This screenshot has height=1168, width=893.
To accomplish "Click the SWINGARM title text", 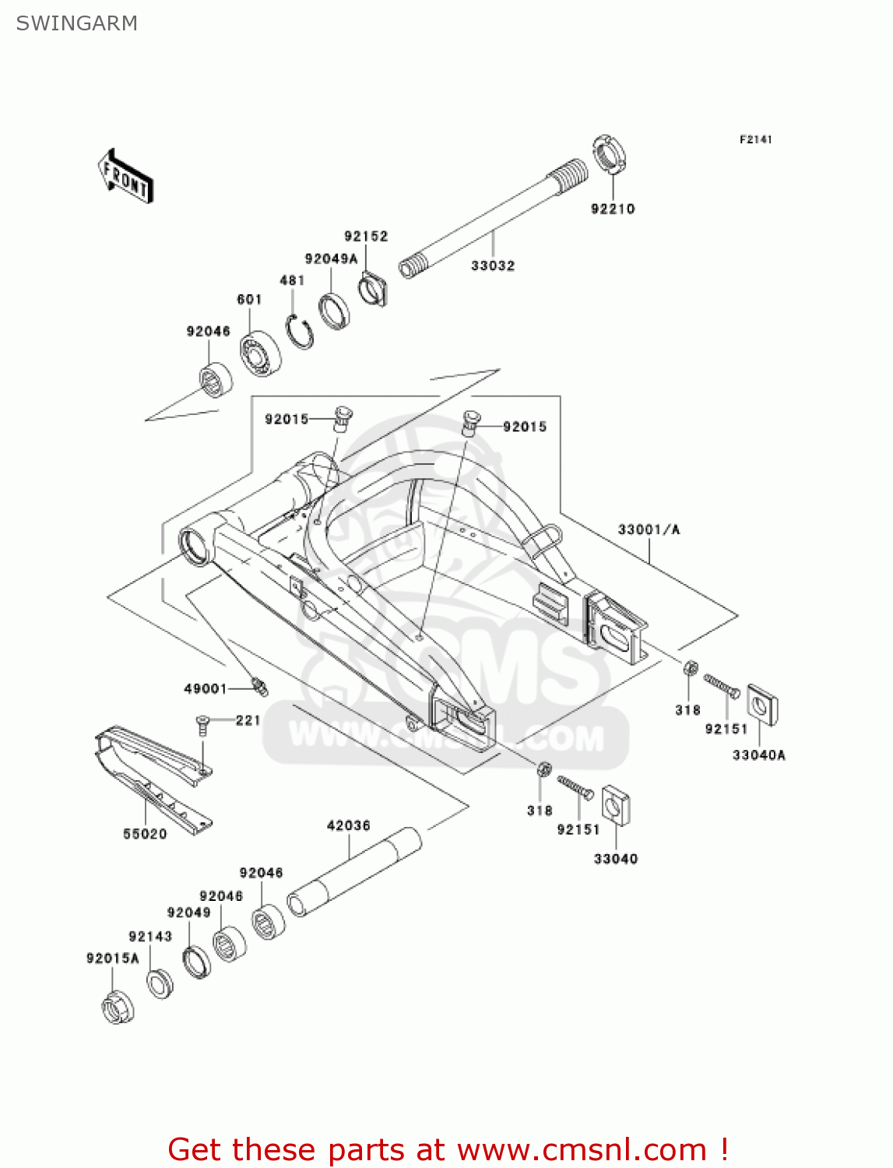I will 77,23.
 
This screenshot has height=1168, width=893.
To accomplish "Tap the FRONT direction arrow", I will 125,177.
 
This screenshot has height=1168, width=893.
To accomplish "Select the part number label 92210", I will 613,209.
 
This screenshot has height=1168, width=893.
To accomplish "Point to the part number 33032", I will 493,266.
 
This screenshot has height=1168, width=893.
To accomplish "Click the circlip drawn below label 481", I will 299,332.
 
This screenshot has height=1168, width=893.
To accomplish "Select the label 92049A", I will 331,259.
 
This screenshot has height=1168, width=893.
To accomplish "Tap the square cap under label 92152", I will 374,289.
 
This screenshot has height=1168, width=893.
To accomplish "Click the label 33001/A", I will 649,529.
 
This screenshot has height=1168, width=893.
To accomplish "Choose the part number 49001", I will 205,688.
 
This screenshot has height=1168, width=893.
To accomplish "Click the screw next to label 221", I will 203,724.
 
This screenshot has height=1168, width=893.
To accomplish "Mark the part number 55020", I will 145,834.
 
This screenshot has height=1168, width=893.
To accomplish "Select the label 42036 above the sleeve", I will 348,825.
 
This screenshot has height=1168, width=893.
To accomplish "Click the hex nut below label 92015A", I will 118,1008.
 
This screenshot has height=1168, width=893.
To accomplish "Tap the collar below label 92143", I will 160,983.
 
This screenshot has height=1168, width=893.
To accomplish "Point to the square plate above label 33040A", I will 762,705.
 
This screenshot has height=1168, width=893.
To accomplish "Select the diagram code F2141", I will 755,139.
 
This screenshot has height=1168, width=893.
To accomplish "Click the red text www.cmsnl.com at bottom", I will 581,1149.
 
